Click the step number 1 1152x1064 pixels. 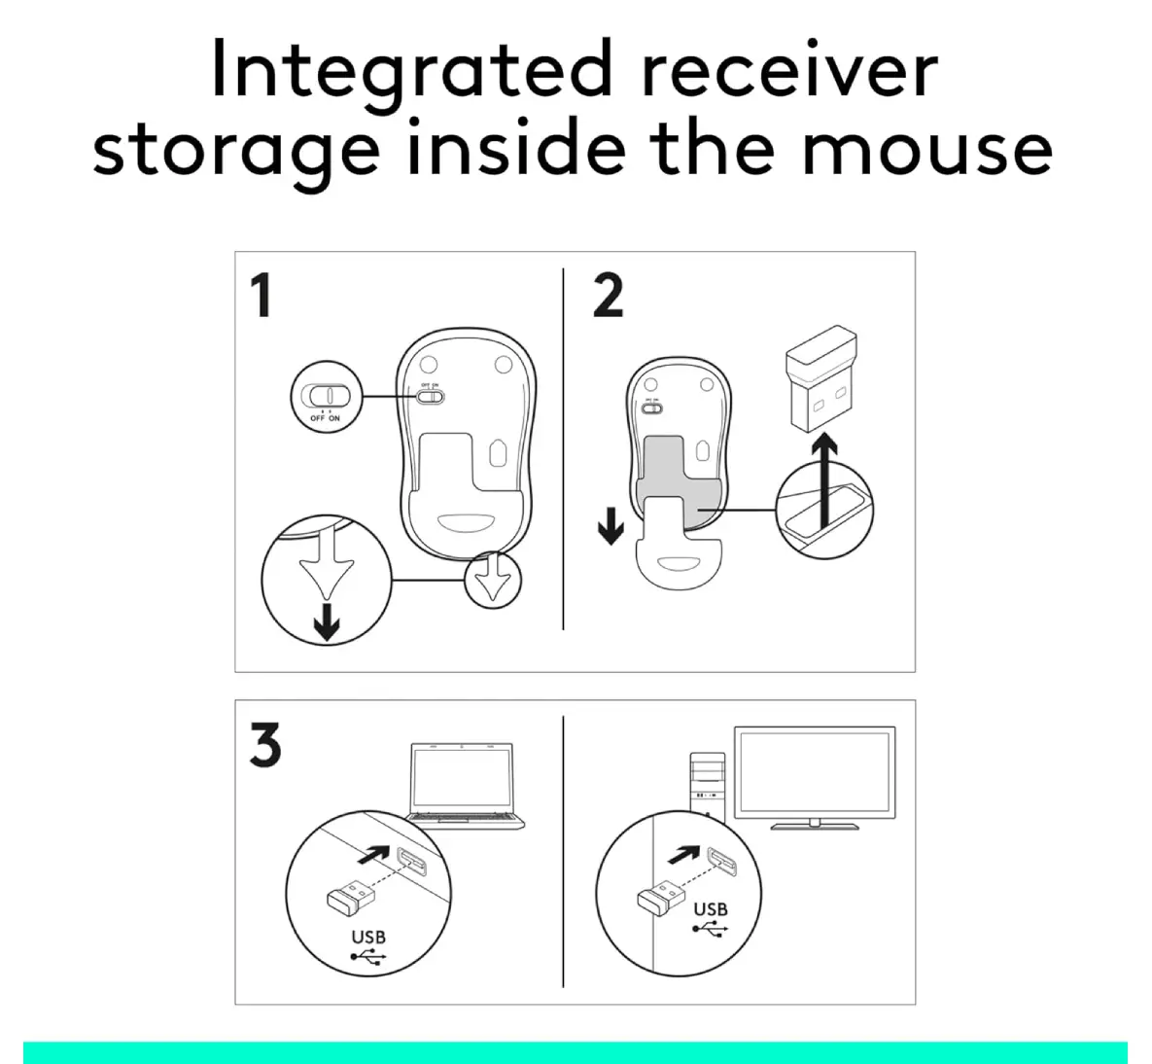[262, 296]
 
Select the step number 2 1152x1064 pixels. [609, 296]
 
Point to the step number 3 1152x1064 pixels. [265, 744]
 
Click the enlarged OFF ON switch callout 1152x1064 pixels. [327, 397]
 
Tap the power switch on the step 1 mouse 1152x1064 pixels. [430, 397]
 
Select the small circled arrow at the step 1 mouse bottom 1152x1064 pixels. [492, 580]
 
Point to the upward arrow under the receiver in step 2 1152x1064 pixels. [826, 480]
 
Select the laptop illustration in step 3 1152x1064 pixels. [465, 786]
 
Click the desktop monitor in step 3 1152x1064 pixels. [815, 777]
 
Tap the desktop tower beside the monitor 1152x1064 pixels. [708, 786]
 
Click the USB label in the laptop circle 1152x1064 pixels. [368, 937]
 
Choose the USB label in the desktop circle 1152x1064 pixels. [711, 909]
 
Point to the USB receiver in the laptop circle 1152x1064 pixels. [350, 897]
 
